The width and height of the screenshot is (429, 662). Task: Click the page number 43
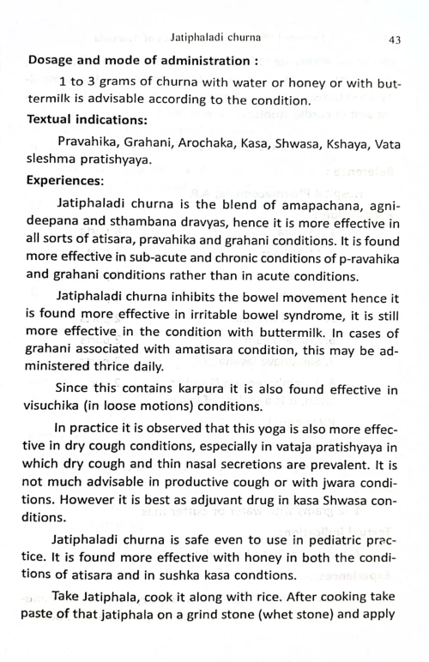[x=396, y=39]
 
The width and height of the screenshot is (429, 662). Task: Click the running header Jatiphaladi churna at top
[x=214, y=39]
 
